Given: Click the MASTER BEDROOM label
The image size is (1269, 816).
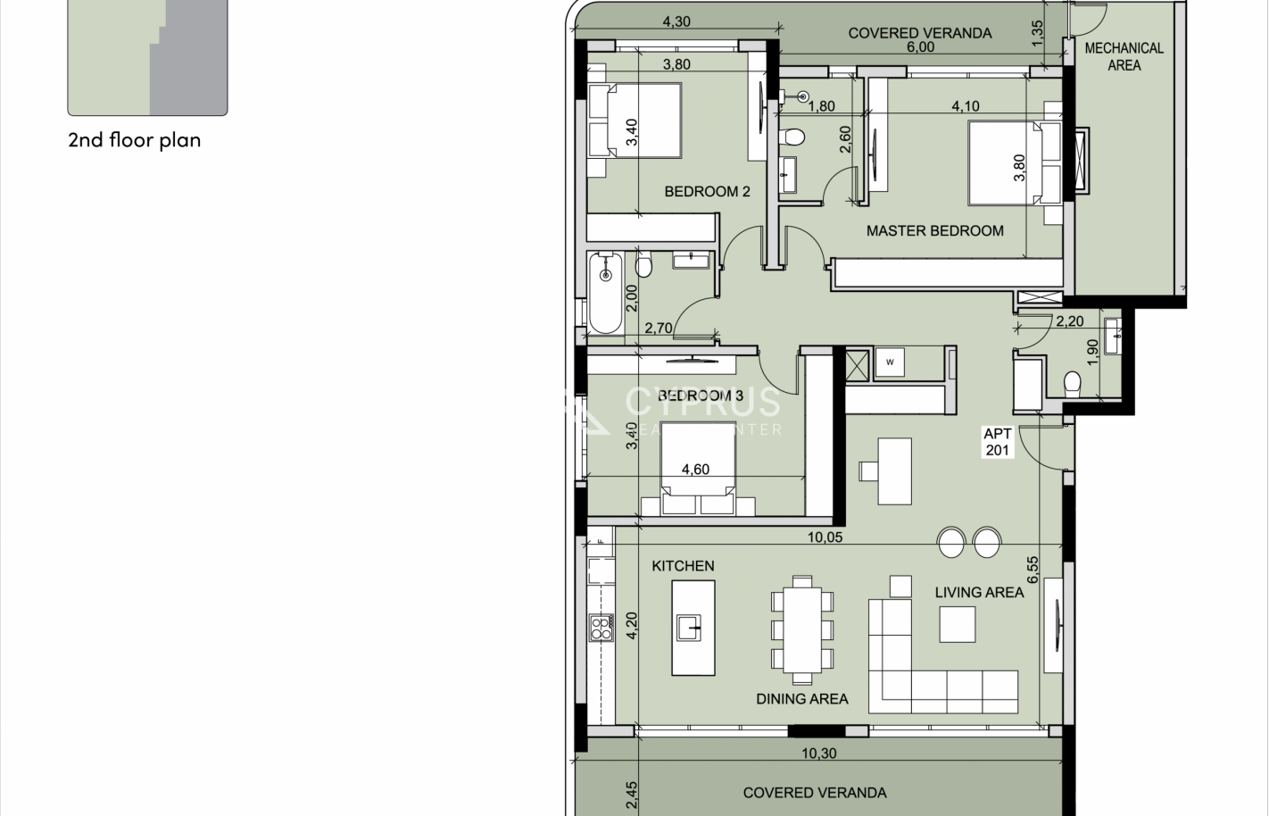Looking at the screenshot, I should pos(934,230).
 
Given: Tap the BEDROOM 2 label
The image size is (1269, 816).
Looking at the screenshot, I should pos(707,191).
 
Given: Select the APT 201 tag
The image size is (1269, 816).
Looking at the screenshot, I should pos(997,442).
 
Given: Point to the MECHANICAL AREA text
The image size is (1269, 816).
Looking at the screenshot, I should pos(1124,56).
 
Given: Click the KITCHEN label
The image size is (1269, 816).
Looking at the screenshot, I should pos(683,565).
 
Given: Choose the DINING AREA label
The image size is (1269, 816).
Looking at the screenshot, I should pos(801,699).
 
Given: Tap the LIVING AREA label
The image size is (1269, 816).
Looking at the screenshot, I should pos(979,592).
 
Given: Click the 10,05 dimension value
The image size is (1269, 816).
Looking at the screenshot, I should pos(825,537).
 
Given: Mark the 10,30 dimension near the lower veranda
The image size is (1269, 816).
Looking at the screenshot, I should pos(818,754).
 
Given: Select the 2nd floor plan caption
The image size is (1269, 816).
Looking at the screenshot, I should pos(134,140).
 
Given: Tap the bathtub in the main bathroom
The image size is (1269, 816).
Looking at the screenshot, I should pos(606,293).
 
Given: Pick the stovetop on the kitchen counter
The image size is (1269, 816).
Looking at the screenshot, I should pos(601,628).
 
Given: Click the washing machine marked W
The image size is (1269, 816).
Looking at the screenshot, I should pos(890,362).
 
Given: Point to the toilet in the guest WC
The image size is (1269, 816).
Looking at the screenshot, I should pos(1073,383).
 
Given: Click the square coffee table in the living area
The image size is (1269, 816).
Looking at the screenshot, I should pos(957,623).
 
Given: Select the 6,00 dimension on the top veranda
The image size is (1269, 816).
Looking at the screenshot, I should pos(920,47).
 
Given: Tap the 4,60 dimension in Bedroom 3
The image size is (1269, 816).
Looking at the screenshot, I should pos(695,470).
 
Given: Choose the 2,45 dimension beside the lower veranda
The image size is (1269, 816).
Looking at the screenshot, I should pos(631,796).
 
